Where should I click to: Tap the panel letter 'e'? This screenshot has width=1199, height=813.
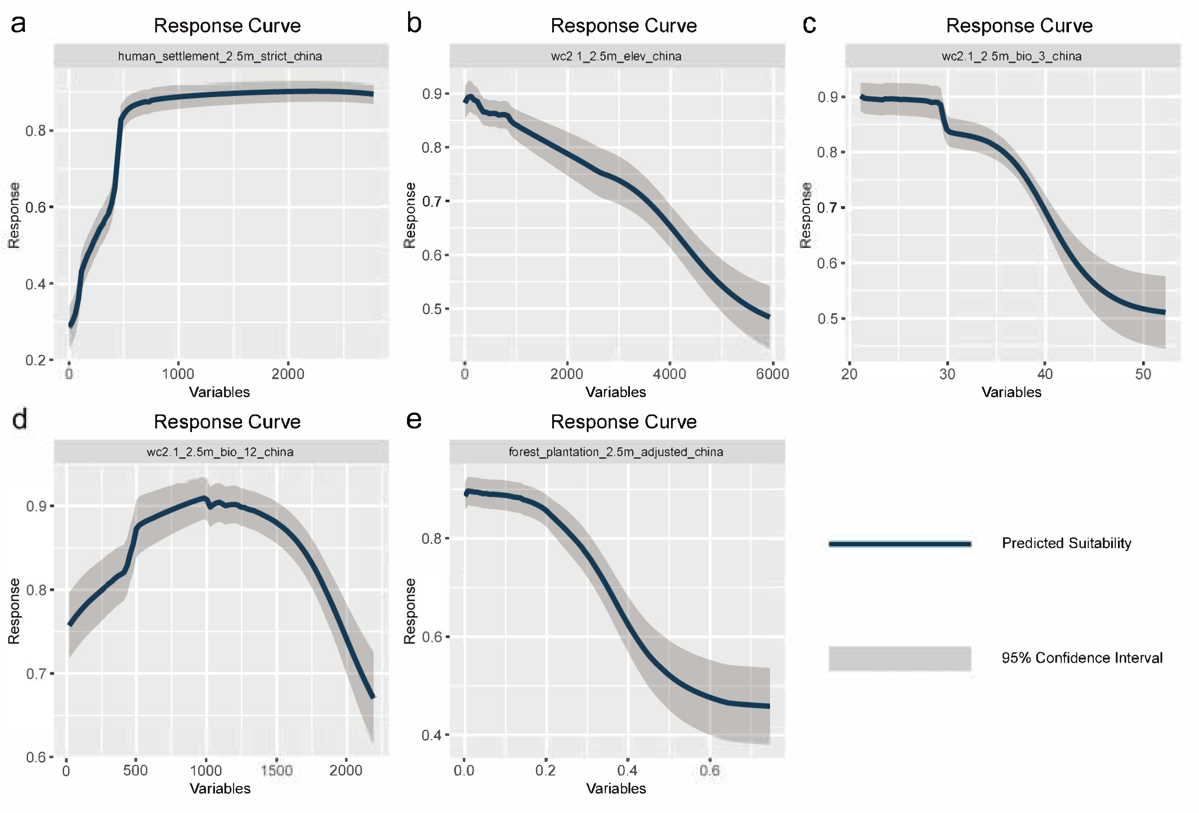pyautogui.click(x=414, y=420)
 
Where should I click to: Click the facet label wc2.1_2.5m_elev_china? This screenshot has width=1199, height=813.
pyautogui.click(x=616, y=56)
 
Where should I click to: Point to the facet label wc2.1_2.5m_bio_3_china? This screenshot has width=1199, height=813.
pyautogui.click(x=1011, y=56)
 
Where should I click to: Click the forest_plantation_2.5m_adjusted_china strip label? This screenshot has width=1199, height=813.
pyautogui.click(x=616, y=452)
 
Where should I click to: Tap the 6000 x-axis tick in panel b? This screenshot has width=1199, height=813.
pyautogui.click(x=772, y=374)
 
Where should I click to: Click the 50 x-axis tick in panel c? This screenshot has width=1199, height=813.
pyautogui.click(x=1143, y=374)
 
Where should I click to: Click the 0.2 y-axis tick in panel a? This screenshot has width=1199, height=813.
pyautogui.click(x=36, y=360)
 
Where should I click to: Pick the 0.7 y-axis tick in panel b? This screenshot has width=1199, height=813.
pyautogui.click(x=432, y=201)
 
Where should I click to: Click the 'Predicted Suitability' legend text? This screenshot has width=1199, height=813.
pyautogui.click(x=1066, y=543)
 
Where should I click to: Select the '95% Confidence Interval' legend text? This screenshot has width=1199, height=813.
pyautogui.click(x=1082, y=658)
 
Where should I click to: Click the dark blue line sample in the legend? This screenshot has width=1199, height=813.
pyautogui.click(x=900, y=543)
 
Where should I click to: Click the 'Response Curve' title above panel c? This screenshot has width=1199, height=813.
pyautogui.click(x=1019, y=26)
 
